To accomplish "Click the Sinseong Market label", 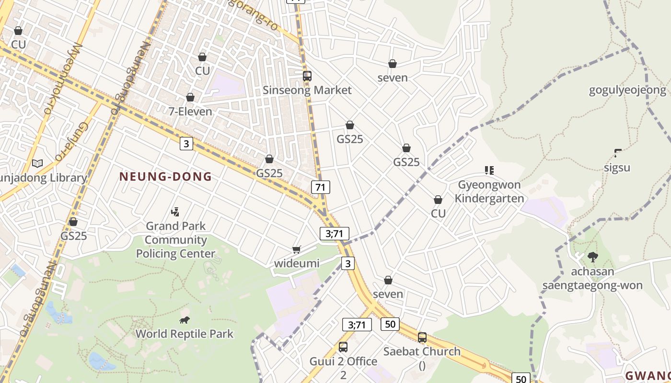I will [307, 90].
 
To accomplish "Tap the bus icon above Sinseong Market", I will [307, 76].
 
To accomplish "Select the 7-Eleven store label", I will [190, 112].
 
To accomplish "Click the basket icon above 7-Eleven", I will [190, 98].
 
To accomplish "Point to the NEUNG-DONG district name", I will [165, 177].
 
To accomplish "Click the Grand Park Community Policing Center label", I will [176, 240].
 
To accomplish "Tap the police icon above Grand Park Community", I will [175, 212].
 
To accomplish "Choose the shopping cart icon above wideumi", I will [297, 249].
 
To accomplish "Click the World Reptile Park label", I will [185, 334].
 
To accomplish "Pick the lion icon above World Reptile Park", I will [184, 320].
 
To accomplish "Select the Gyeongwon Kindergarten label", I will [489, 191].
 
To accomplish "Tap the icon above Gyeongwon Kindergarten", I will [489, 170].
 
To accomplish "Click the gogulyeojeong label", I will [627, 90].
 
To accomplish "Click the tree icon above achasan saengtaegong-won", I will [593, 257].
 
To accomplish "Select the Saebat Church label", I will [422, 351].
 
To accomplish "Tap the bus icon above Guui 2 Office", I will [343, 347].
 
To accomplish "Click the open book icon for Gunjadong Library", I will [37, 164].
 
